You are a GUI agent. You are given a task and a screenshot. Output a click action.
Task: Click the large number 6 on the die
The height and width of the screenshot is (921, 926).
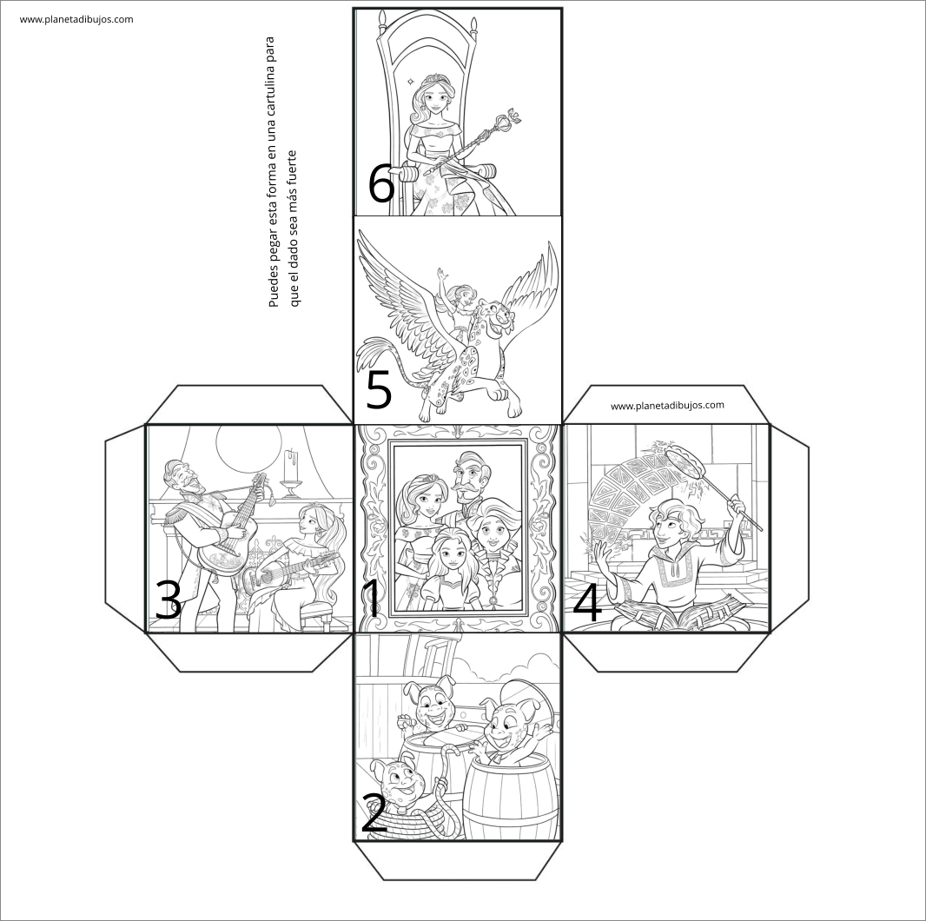click(x=381, y=183)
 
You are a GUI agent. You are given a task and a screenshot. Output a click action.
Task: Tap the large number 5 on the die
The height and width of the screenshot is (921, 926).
click(x=379, y=390)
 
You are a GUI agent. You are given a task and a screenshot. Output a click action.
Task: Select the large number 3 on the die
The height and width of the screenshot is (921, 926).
click(x=168, y=600)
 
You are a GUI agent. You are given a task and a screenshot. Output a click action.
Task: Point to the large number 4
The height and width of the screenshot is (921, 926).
click(x=587, y=603)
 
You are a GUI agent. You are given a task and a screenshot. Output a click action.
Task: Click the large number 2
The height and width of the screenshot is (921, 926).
click(x=374, y=813)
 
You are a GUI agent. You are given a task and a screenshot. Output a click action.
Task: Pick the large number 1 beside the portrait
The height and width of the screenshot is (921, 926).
click(x=372, y=599)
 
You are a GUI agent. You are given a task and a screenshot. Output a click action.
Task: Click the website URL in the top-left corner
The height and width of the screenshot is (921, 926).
click(x=76, y=19)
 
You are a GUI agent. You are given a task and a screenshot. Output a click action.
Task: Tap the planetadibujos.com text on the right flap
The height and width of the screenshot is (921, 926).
click(x=667, y=406)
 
